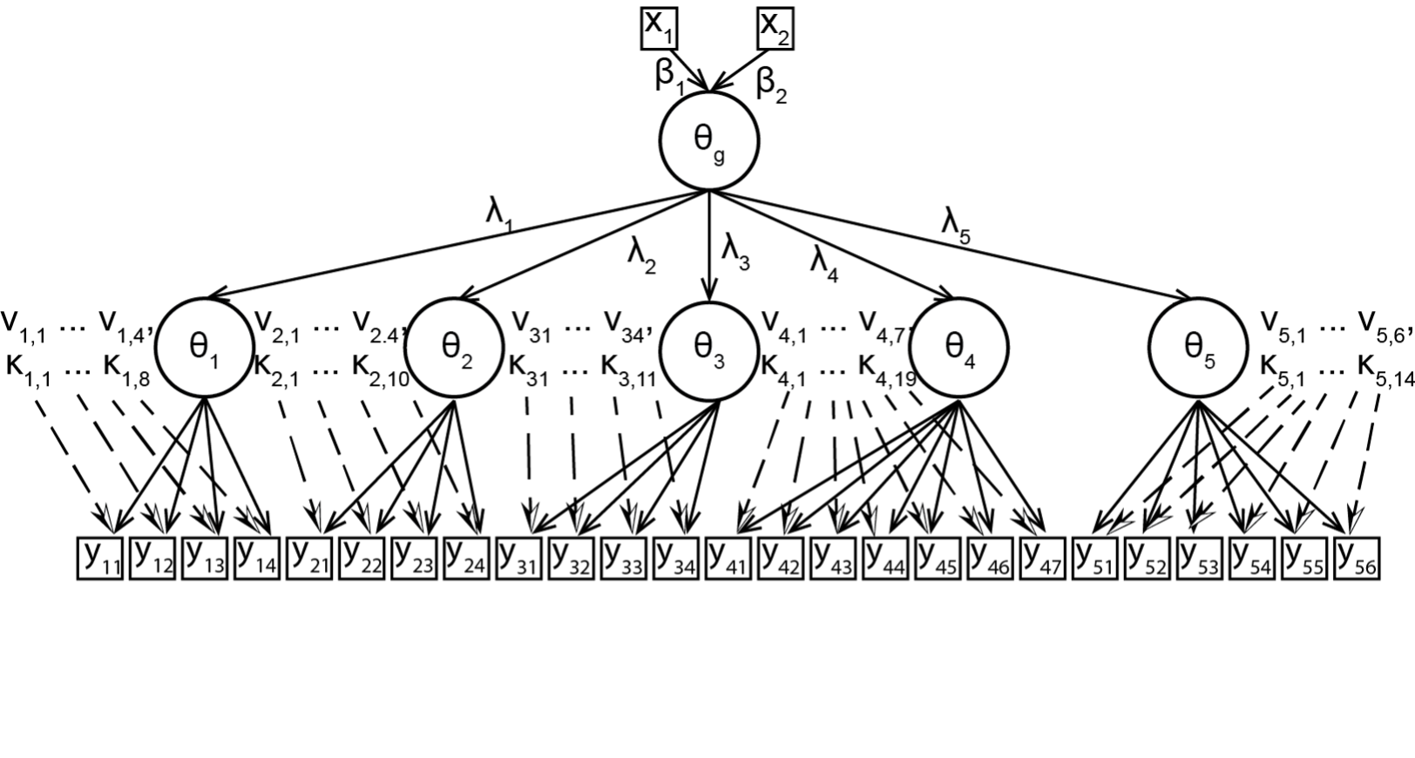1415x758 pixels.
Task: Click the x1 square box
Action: point(659,27)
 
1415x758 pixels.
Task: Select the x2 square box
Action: point(775,27)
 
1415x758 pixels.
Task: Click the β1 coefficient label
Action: point(669,78)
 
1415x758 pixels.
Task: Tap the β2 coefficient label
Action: point(770,85)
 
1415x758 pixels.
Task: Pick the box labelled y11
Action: point(100,558)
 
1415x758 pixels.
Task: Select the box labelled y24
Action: point(466,558)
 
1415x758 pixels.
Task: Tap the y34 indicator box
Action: point(676,558)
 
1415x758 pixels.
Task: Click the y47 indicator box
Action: point(1042,558)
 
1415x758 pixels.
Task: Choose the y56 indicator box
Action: point(1357,558)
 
